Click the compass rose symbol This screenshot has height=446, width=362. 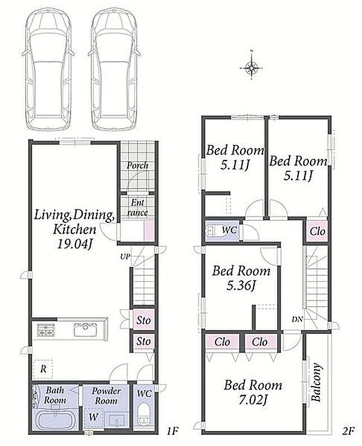point(251,68)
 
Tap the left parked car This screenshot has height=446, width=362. point(49,69)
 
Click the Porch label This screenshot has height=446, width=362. point(137,165)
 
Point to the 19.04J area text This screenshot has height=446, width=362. point(75,244)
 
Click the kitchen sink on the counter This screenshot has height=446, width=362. point(85,329)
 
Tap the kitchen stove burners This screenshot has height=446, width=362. point(46,330)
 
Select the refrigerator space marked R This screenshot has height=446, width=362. point(43,369)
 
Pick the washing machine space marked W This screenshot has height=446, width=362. point(93,418)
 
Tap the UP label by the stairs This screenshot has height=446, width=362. point(125,256)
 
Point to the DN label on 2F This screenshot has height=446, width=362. point(297,319)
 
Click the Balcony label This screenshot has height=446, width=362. point(316,382)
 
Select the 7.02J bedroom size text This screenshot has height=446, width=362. point(253,400)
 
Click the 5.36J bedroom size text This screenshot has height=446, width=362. point(241,285)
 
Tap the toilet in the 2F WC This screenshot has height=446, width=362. point(211,230)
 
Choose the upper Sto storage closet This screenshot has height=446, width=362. point(144,320)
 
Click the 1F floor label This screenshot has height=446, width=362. point(172,431)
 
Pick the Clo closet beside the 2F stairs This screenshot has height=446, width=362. point(317,231)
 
